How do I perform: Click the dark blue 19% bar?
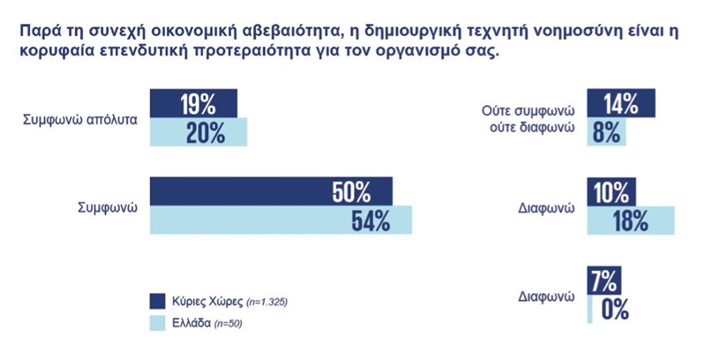(194, 103)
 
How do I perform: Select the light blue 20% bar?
(199, 131)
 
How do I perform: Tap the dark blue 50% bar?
(271, 191)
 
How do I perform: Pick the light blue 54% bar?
(281, 220)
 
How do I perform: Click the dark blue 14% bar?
(621, 103)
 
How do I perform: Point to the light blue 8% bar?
(606, 131)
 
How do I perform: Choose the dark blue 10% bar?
(611, 191)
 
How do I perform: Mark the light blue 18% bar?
(630, 220)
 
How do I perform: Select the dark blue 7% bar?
(604, 280)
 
